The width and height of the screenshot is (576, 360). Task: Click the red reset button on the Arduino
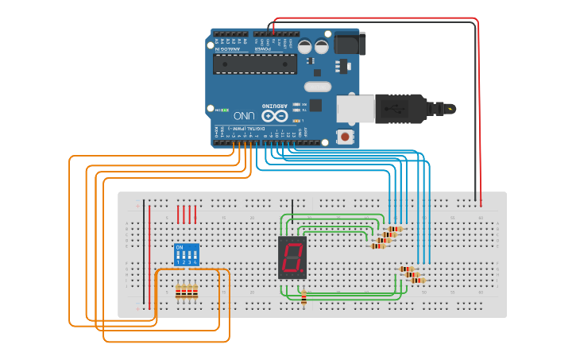pyautogui.click(x=346, y=137)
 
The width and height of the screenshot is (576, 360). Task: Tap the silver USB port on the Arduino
pyautogui.click(x=354, y=109)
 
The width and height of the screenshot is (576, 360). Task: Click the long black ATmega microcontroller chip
pyautogui.click(x=254, y=64)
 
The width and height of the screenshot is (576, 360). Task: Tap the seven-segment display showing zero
pyautogui.click(x=292, y=257)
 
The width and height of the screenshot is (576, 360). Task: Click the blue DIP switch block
pyautogui.click(x=186, y=255)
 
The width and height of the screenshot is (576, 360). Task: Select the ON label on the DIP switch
pyautogui.click(x=179, y=248)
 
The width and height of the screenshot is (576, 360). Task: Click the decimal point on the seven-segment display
pyautogui.click(x=302, y=272)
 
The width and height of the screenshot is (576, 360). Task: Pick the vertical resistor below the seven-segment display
pyautogui.click(x=303, y=297)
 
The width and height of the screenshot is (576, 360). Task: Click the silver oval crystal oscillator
pyautogui.click(x=316, y=86)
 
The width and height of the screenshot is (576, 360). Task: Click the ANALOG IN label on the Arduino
pyautogui.click(x=227, y=48)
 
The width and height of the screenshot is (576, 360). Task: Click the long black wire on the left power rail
pyautogui.click(x=145, y=254)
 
